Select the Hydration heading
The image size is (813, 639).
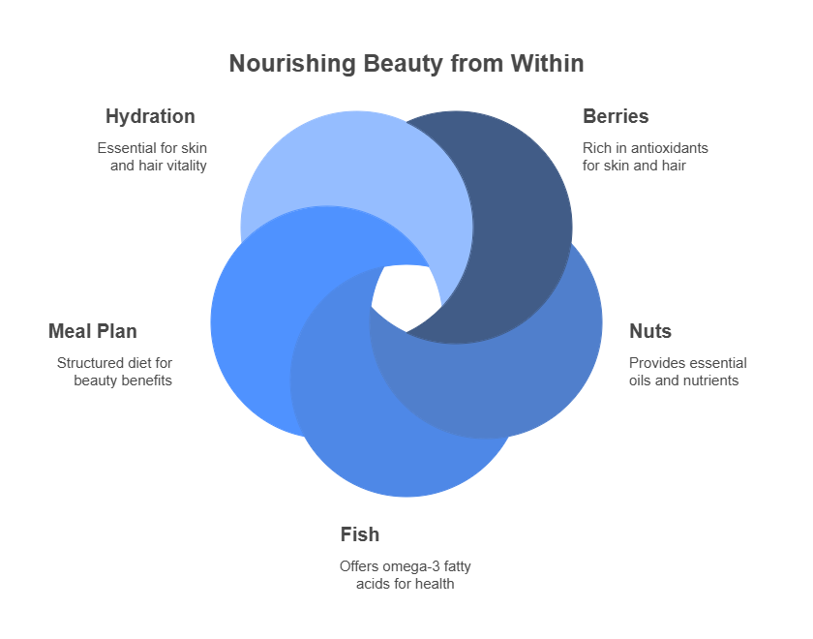pyautogui.click(x=150, y=117)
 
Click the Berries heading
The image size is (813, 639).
pyautogui.click(x=616, y=117)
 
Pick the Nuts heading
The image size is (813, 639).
pyautogui.click(x=650, y=332)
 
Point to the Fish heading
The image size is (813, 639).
pyautogui.click(x=359, y=534)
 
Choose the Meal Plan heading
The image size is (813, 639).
pyautogui.click(x=92, y=332)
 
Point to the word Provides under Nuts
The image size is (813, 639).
pyautogui.click(x=656, y=363)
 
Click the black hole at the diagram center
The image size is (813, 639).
pyautogui.click(x=405, y=296)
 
